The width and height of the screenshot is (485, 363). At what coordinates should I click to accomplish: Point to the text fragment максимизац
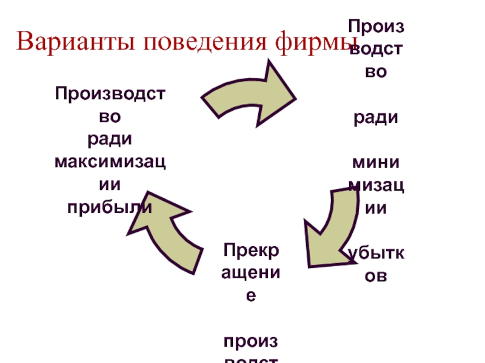(110, 162)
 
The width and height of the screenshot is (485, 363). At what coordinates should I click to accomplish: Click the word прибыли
(110, 206)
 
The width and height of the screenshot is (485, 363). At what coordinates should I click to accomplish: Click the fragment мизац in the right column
(376, 185)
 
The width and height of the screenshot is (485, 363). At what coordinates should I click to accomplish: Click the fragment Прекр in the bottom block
(250, 249)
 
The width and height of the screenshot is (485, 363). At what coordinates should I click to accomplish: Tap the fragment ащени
(250, 272)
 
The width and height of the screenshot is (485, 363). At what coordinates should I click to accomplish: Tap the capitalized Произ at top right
(376, 26)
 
